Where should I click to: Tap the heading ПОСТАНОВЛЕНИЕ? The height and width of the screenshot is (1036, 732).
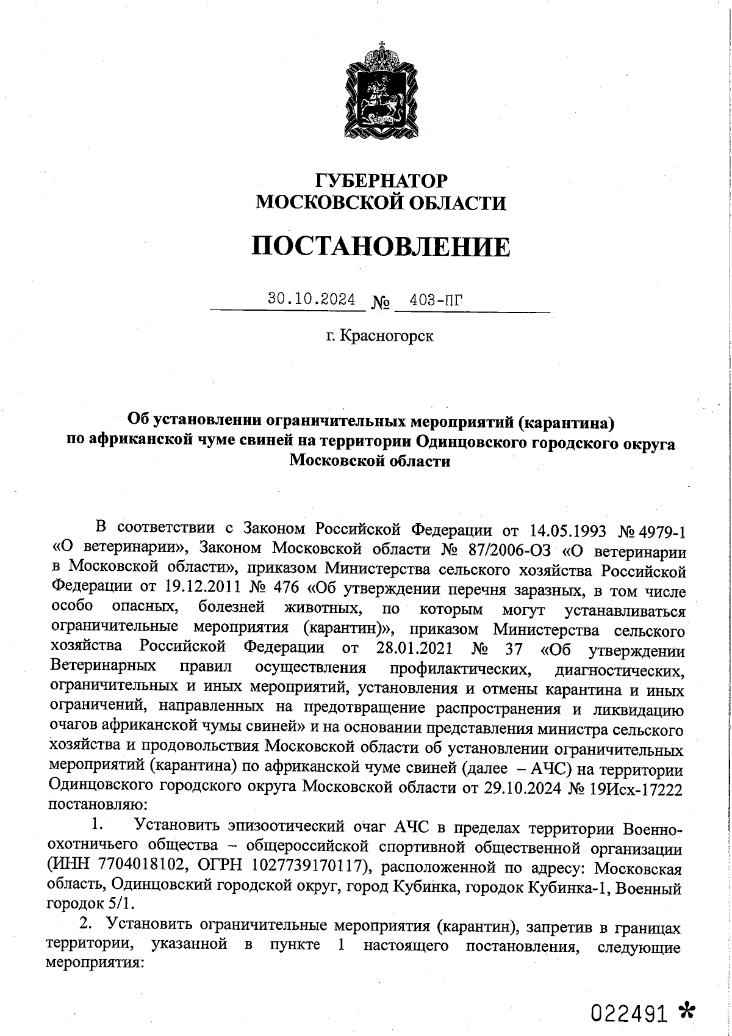pos(381,246)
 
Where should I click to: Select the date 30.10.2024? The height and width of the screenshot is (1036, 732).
pos(312,299)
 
